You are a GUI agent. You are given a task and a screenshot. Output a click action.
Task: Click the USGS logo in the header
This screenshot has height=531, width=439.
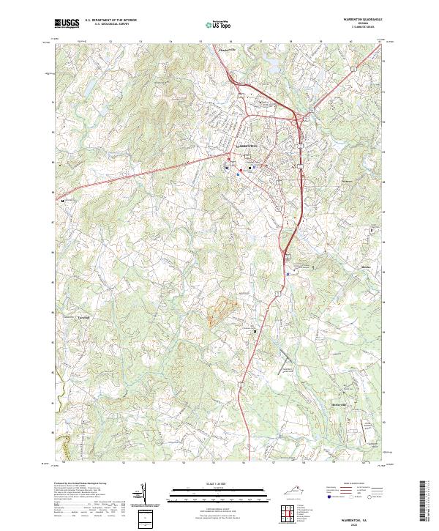tap(66, 23)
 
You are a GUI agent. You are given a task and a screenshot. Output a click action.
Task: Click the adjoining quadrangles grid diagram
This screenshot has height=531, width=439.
tap(286, 516)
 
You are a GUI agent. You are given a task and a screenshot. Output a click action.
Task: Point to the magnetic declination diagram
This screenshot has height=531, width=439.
tap(143, 494)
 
